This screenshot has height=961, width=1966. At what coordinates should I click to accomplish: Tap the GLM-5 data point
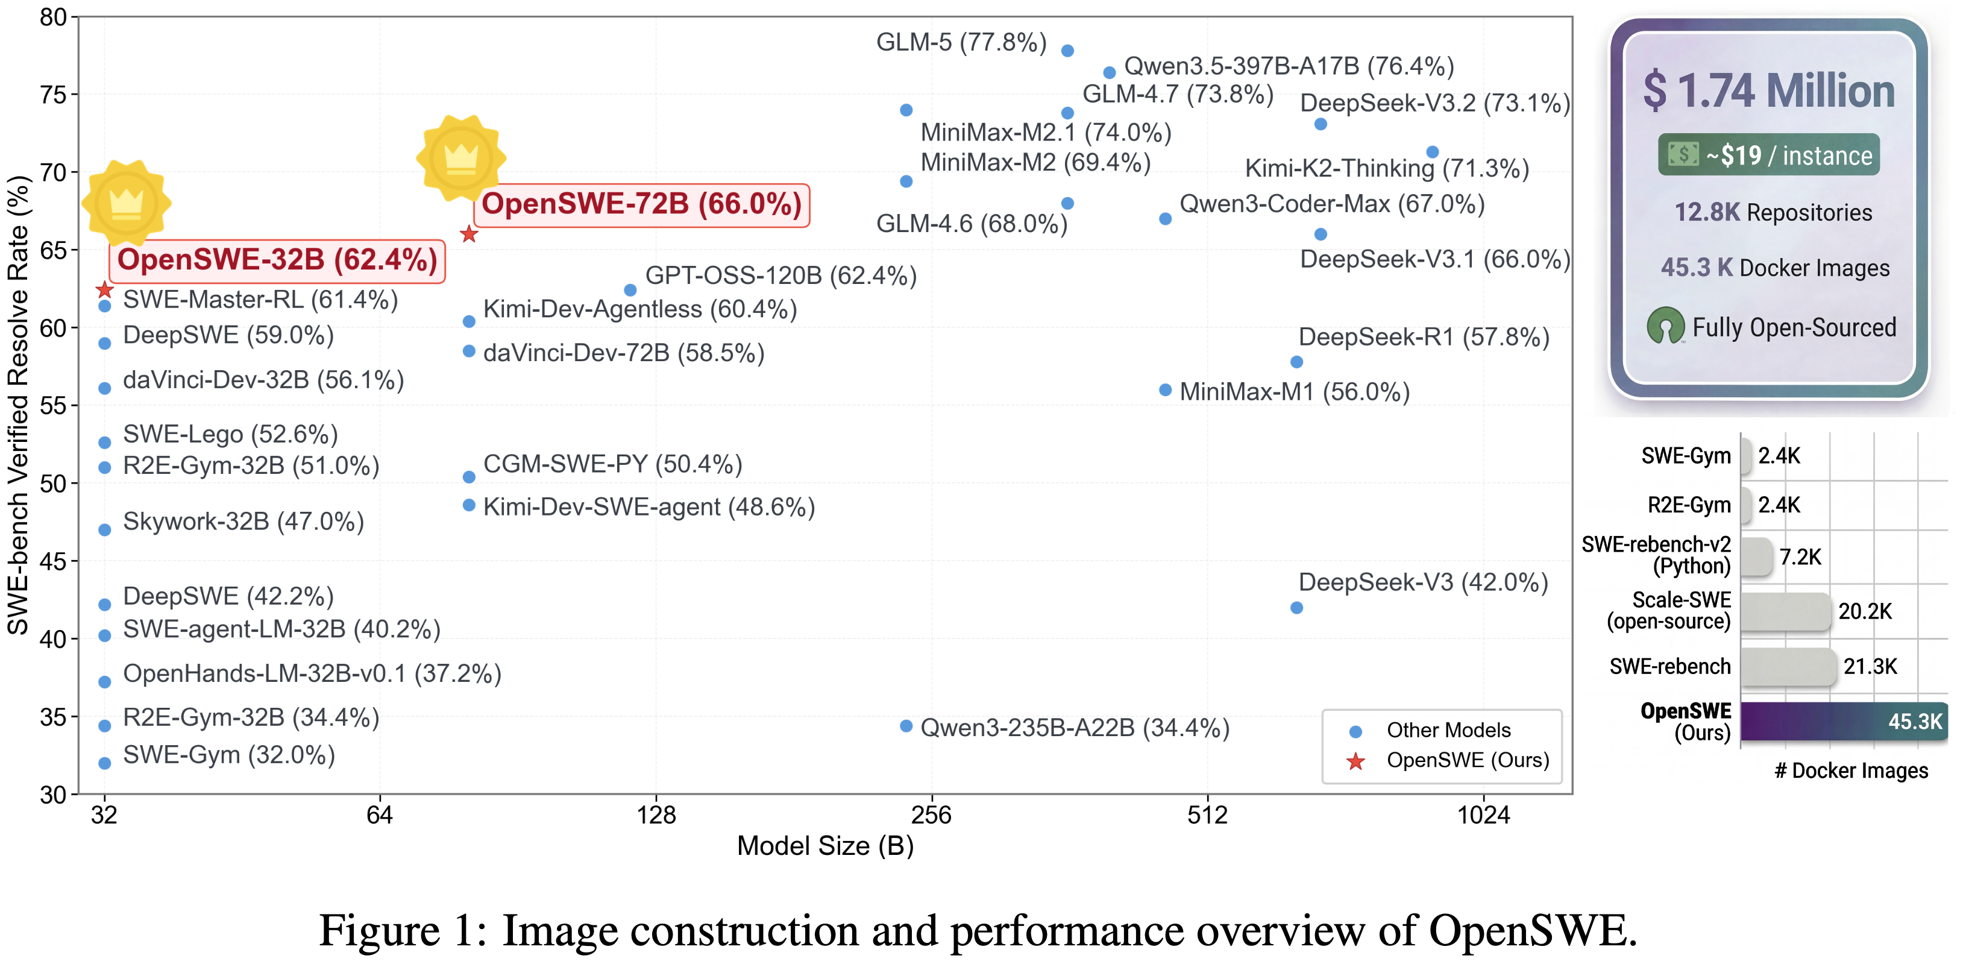pyautogui.click(x=1068, y=51)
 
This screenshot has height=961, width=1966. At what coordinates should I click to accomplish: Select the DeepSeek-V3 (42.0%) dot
pyautogui.click(x=1296, y=608)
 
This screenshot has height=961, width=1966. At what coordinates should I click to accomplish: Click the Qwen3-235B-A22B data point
pyautogui.click(x=906, y=726)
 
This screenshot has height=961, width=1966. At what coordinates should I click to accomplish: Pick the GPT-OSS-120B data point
pyautogui.click(x=630, y=290)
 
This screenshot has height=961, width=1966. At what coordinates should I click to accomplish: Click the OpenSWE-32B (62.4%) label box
pyautogui.click(x=277, y=260)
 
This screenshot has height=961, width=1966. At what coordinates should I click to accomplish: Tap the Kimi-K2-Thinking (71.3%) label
pyautogui.click(x=1387, y=169)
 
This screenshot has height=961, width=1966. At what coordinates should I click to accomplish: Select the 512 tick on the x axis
pyautogui.click(x=1207, y=815)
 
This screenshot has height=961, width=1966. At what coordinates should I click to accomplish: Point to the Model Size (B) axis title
pyautogui.click(x=825, y=846)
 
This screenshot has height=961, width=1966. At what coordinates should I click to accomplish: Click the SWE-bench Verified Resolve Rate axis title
pyautogui.click(x=17, y=405)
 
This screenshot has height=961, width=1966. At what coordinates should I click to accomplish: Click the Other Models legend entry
pyautogui.click(x=1430, y=731)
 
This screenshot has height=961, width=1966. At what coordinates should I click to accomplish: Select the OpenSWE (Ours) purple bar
pyautogui.click(x=1844, y=721)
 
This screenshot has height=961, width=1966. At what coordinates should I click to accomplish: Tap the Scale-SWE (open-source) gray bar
pyautogui.click(x=1786, y=611)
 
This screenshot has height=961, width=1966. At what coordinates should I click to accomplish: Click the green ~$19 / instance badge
pyautogui.click(x=1768, y=155)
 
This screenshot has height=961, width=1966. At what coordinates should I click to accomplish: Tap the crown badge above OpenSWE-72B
pyautogui.click(x=461, y=157)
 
